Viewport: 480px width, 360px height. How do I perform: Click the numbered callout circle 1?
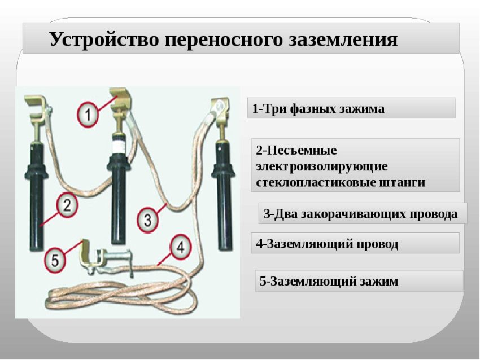(88, 115)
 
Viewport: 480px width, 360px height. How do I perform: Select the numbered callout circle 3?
(148, 219)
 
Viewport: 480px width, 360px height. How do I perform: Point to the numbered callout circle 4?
(181, 247)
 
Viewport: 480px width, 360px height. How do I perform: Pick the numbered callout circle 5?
(55, 261)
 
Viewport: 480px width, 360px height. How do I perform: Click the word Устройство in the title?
(104, 39)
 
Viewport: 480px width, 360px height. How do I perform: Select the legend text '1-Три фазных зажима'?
(318, 108)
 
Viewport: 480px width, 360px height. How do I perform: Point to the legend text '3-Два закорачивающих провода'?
(361, 214)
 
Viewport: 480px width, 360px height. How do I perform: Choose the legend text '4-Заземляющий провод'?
(327, 244)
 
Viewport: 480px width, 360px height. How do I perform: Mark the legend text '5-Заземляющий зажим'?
(329, 281)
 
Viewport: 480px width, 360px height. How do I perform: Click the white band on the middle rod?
(119, 147)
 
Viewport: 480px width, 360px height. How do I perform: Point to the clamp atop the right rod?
(220, 107)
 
